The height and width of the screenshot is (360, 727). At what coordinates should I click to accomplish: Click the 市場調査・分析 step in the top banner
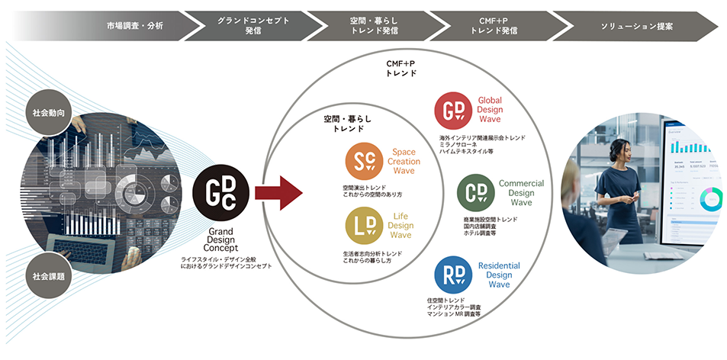coord(134,25)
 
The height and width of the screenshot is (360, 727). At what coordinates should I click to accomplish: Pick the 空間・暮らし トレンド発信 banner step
coord(372,25)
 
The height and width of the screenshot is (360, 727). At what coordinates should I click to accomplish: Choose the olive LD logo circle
coord(364,226)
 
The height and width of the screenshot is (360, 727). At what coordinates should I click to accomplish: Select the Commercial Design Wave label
coord(521,193)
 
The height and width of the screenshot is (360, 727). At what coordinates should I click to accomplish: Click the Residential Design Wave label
coord(499,275)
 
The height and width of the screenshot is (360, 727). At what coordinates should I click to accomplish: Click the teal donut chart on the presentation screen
coord(710,200)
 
